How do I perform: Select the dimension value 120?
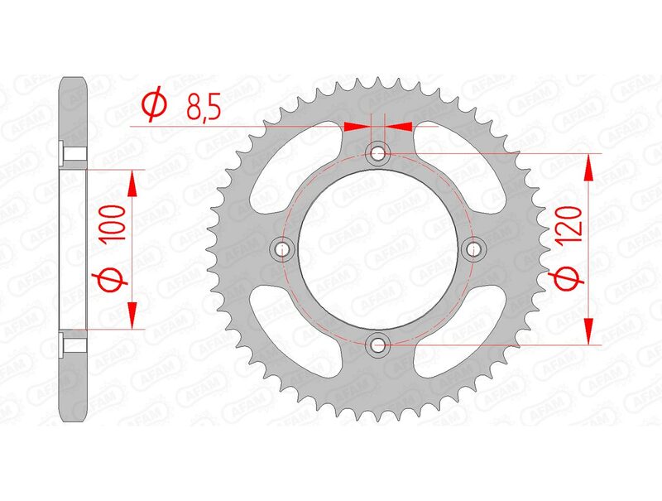572,223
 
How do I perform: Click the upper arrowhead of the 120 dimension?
588,167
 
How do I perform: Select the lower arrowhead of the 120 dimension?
588,329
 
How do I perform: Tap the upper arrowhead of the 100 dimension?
131,185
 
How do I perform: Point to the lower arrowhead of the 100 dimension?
131,312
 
